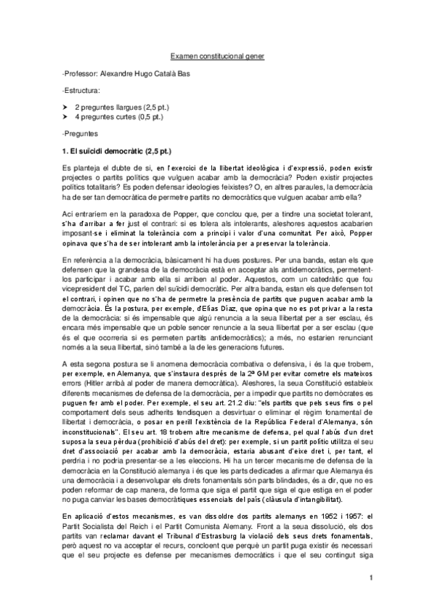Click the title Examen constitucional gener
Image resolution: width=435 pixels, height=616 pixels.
(218, 55)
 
